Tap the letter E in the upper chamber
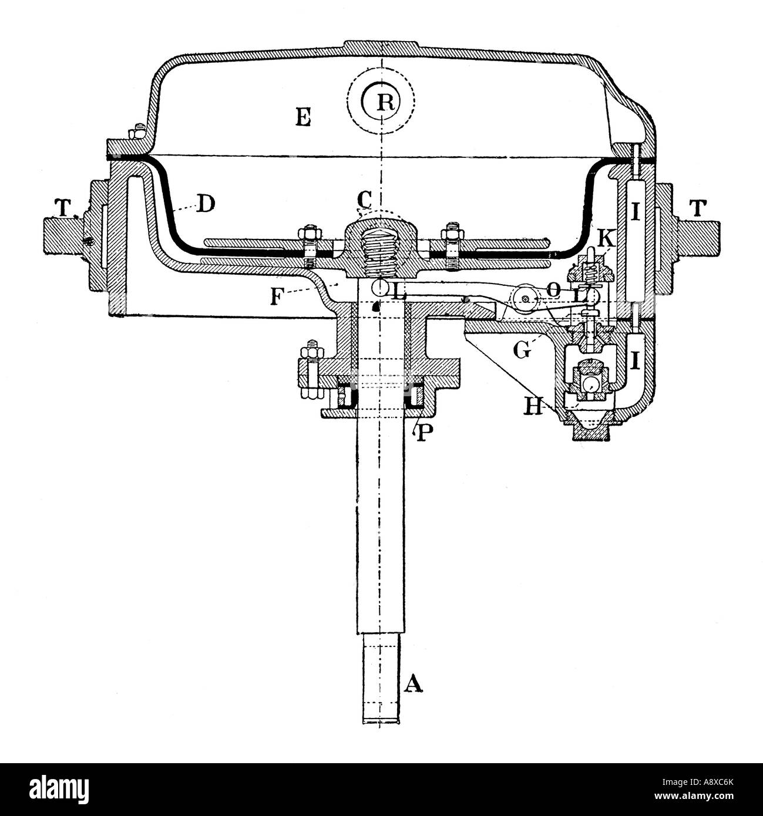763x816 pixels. [x=303, y=117]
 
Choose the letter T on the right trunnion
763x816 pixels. [x=700, y=208]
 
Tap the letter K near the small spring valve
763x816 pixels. [x=606, y=238]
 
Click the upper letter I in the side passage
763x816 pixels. [x=635, y=214]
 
